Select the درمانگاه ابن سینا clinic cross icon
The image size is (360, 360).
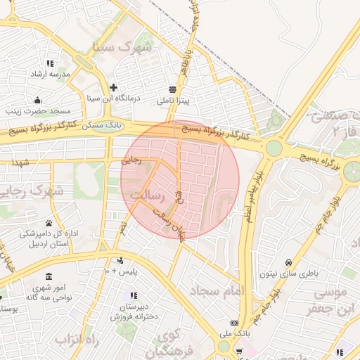114,88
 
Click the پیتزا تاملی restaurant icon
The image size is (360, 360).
173,89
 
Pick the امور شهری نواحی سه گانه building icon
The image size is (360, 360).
48,276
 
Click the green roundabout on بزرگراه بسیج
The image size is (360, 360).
274,148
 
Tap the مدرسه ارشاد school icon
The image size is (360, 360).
49,62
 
